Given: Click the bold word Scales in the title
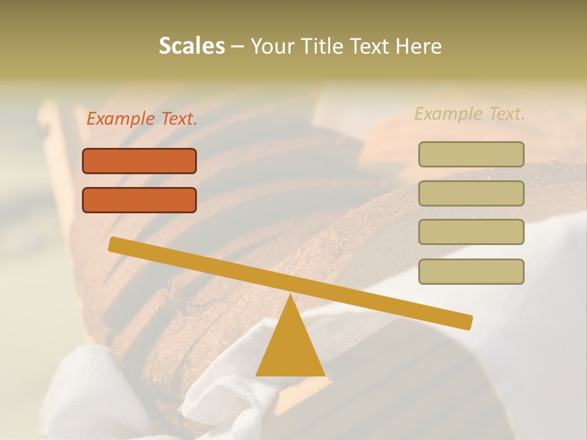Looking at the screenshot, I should point(191,46).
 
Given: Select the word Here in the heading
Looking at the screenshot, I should point(419,46).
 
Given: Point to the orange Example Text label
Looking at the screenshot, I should point(142,119).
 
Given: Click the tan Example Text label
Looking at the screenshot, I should point(470,114).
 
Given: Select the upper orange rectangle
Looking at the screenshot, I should point(139,161).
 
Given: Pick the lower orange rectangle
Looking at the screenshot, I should point(139,200).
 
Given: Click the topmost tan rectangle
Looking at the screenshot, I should point(471,154).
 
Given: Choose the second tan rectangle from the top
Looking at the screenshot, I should point(471,193).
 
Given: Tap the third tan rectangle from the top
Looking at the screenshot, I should point(471,232).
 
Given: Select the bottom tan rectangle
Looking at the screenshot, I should point(471,271).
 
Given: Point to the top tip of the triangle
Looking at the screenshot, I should point(290,296).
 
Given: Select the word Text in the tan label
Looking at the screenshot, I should point(506,114).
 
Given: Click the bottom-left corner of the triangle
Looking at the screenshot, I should point(257,375).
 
